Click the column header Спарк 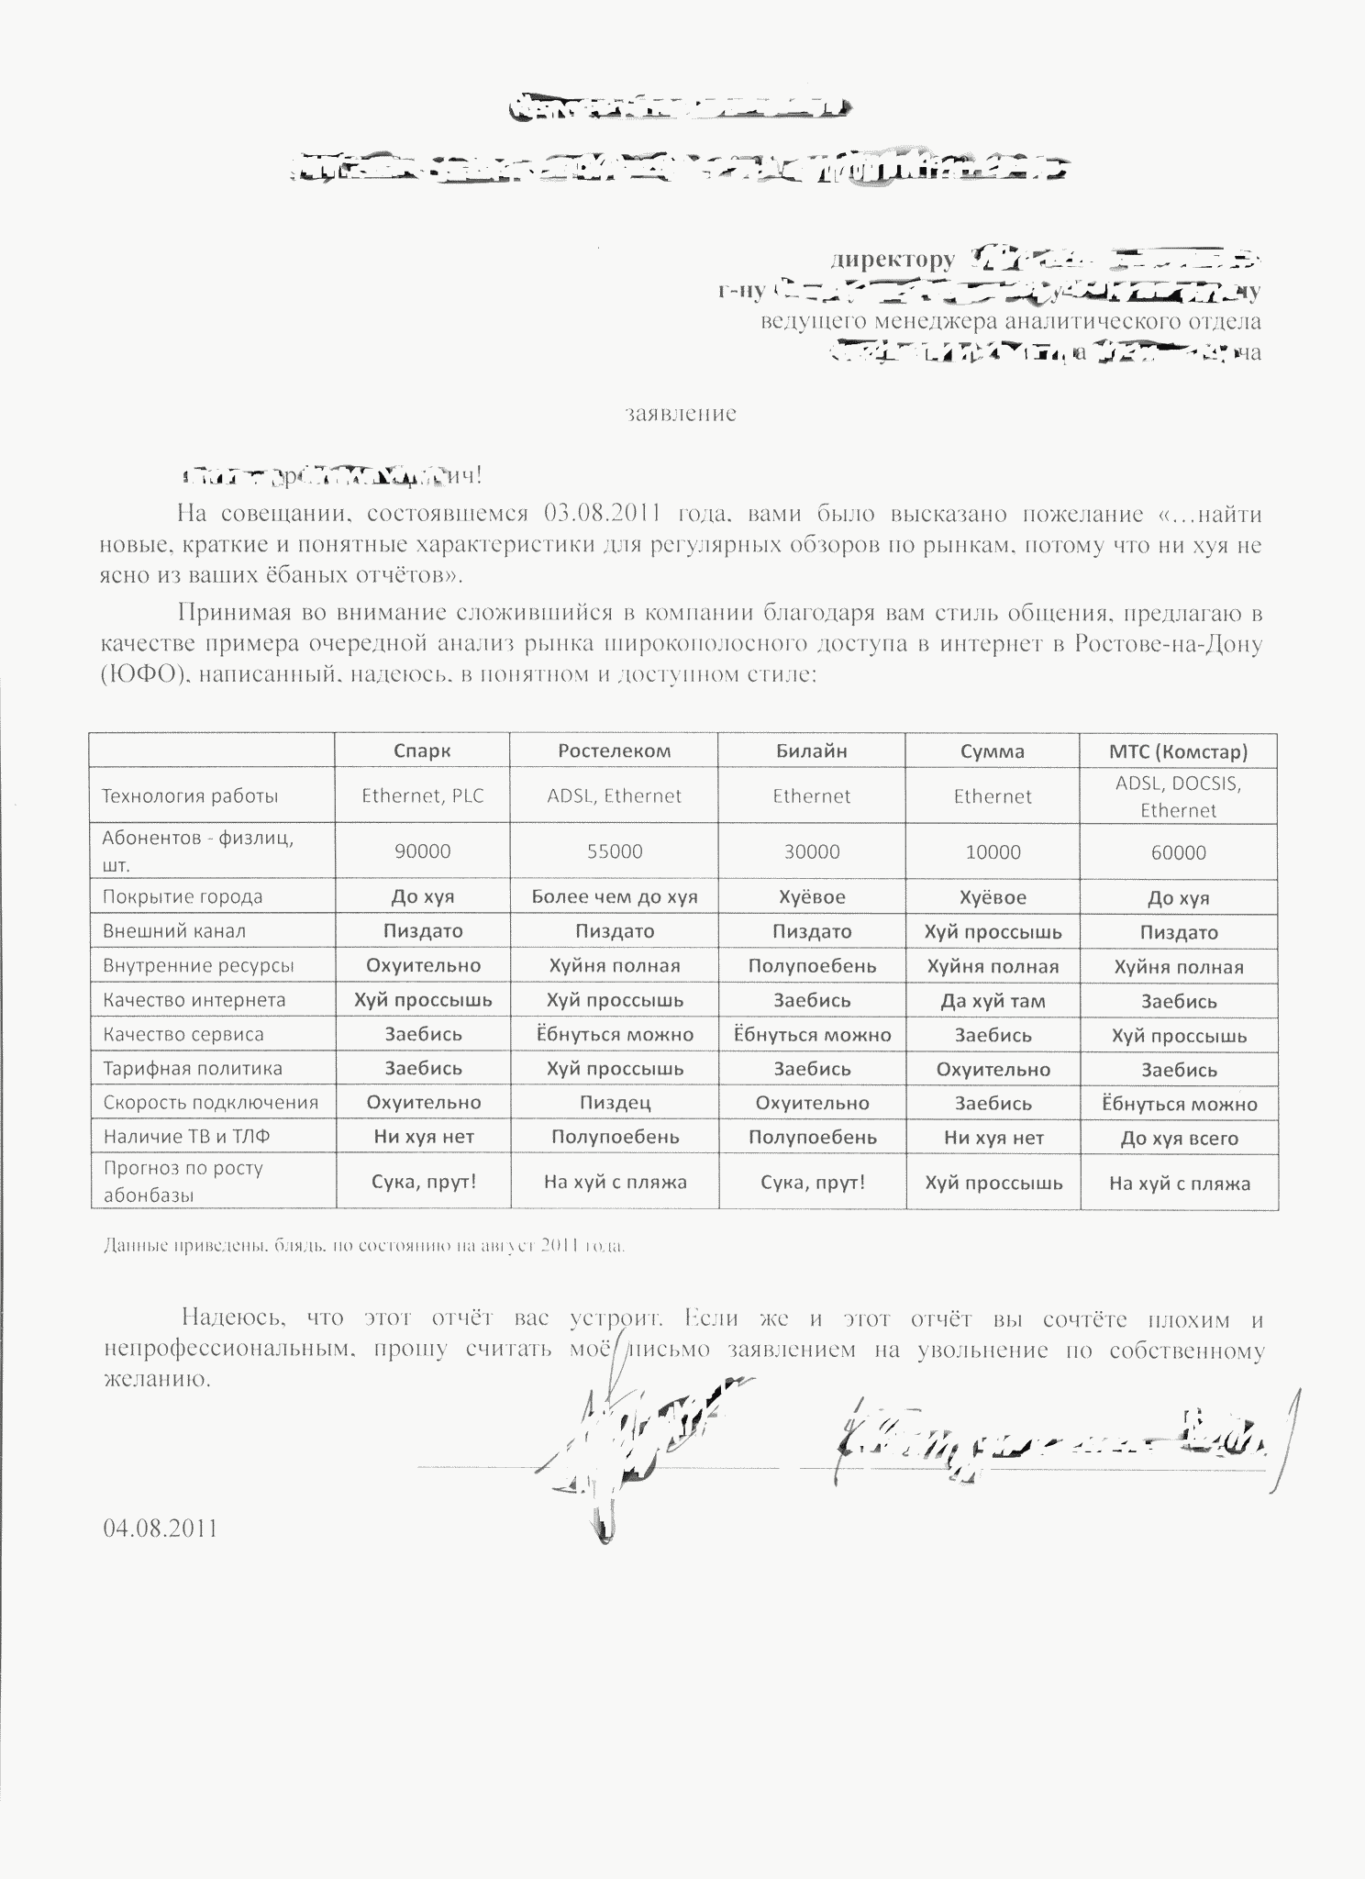(x=422, y=750)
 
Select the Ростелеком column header (x=614, y=750)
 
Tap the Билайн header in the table (x=811, y=751)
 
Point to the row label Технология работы (x=190, y=795)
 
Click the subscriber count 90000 (x=422, y=851)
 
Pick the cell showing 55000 (x=614, y=851)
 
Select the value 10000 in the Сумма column (x=993, y=852)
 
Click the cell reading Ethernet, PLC (x=422, y=795)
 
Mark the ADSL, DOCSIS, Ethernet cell (x=1179, y=796)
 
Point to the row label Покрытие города (x=183, y=896)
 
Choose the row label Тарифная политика (x=193, y=1068)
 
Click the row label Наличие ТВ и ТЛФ (x=187, y=1137)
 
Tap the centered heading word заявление (x=681, y=414)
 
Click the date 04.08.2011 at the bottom (x=161, y=1528)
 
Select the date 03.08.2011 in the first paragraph (x=604, y=513)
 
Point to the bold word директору (x=892, y=260)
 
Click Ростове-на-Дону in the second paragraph (x=1166, y=643)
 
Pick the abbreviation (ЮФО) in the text (x=138, y=675)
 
